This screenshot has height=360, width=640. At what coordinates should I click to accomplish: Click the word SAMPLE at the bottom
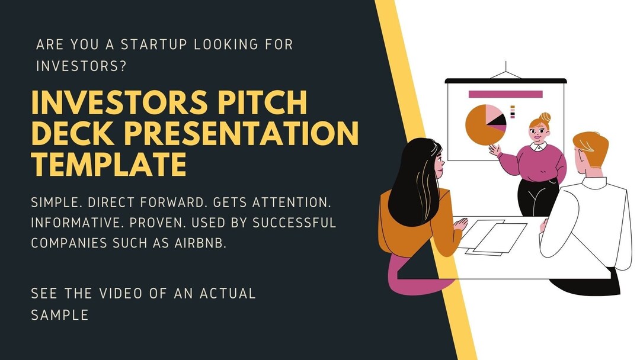tap(60, 314)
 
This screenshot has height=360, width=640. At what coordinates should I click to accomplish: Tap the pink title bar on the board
tap(505, 94)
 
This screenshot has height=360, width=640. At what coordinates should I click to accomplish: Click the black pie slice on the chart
tap(499, 120)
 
